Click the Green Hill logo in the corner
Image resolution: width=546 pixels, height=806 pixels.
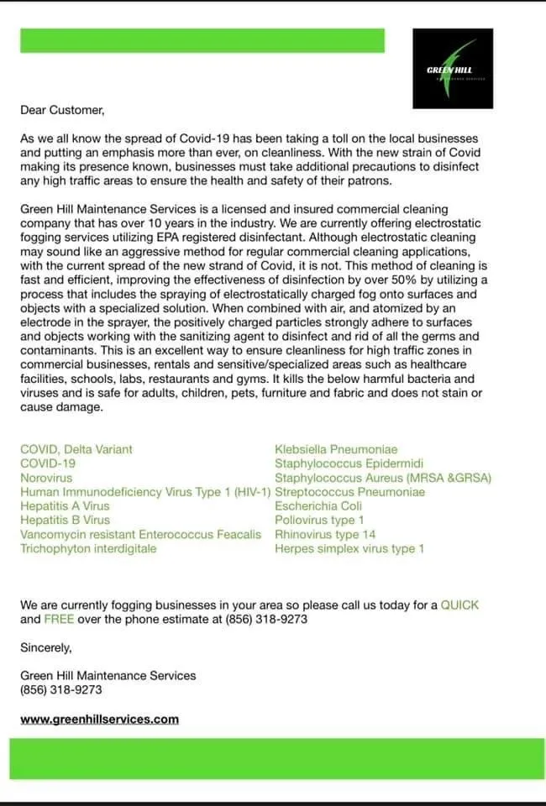(454, 68)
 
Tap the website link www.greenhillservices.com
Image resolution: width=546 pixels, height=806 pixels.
(99, 719)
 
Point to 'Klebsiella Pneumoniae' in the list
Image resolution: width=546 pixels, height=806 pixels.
(336, 450)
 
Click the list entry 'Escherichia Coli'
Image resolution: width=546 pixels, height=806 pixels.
(318, 506)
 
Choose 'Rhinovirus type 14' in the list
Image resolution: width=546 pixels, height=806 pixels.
(325, 534)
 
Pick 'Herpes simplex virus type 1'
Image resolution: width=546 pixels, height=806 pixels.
(349, 548)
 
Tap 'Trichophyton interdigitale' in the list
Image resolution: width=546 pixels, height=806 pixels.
(88, 548)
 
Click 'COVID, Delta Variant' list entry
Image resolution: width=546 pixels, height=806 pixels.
(76, 450)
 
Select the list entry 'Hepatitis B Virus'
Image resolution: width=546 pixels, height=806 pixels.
(65, 521)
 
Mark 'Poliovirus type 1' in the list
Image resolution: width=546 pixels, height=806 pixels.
(319, 521)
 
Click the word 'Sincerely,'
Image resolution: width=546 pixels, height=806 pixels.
(46, 647)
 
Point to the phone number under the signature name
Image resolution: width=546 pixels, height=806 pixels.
(57, 690)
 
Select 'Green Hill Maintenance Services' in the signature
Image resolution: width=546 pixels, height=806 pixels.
(108, 675)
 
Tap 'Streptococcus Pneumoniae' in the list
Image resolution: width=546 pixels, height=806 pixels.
(349, 492)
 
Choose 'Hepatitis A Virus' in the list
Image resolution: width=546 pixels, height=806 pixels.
(65, 506)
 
